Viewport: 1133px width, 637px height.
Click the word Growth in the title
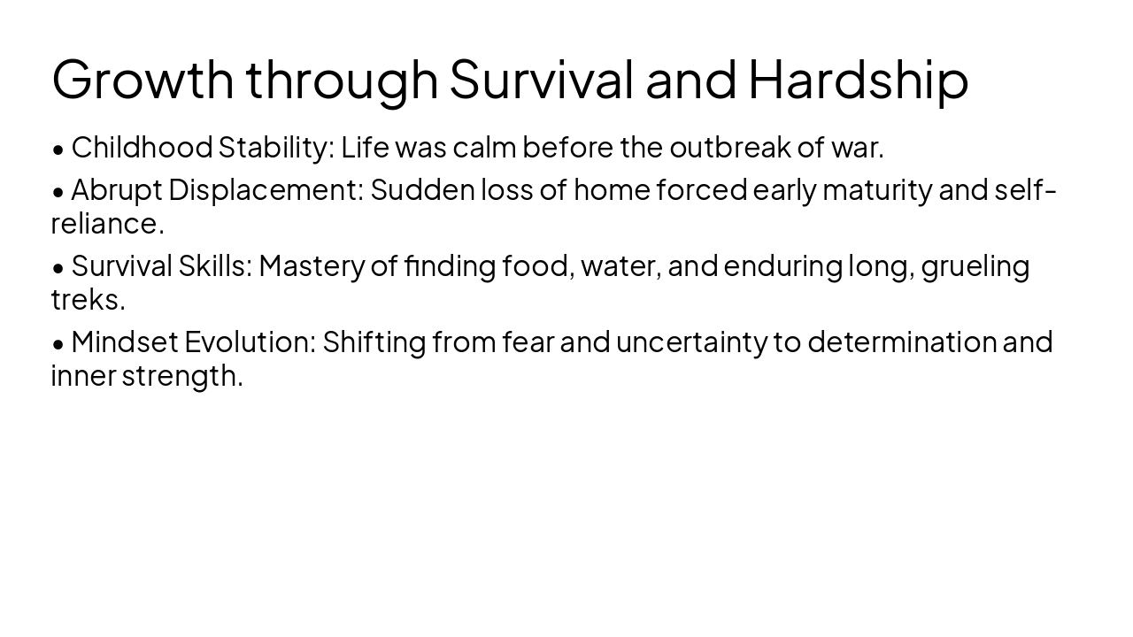[x=143, y=79]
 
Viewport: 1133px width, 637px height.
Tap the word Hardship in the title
[x=858, y=79]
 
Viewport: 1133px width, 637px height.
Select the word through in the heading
[x=342, y=79]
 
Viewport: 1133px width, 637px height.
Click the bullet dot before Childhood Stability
[x=58, y=150]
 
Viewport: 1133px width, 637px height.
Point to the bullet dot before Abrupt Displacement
[x=58, y=191]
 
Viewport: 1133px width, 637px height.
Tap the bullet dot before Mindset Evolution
[x=58, y=343]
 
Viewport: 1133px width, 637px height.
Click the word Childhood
[x=142, y=148]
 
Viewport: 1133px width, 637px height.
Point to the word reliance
[x=107, y=224]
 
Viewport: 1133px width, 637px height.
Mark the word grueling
[x=975, y=265]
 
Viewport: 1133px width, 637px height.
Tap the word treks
[x=88, y=300]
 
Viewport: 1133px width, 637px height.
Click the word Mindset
[x=124, y=342]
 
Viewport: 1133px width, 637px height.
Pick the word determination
[x=902, y=342]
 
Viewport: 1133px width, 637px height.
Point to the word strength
[x=181, y=376]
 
